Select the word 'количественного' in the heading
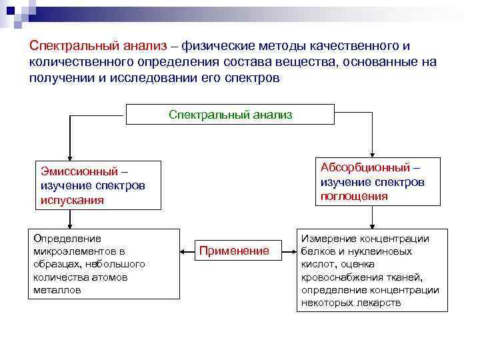71,62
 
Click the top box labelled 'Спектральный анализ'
230,115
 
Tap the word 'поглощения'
354,196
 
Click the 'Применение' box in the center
234,251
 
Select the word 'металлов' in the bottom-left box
57,291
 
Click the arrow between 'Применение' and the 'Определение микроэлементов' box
187,251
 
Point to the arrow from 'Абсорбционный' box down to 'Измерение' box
373,217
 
